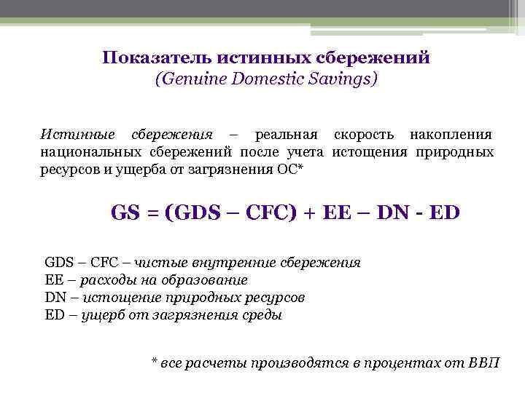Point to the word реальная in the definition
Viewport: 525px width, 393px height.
point(285,135)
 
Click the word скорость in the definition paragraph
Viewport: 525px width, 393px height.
point(367,135)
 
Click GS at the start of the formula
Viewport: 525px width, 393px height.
point(125,213)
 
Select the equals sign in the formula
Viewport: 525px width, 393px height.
point(152,214)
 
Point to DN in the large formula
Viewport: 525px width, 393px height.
point(398,213)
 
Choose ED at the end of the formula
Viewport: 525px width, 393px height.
point(446,213)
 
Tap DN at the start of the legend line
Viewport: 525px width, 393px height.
point(55,298)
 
